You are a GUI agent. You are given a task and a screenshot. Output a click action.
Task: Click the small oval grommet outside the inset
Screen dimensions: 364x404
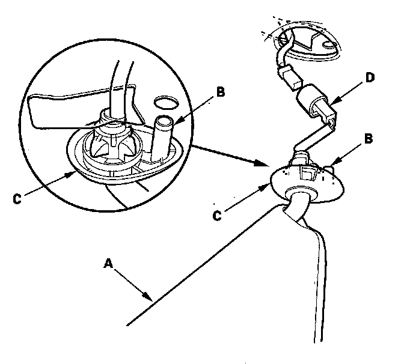(x=307, y=180)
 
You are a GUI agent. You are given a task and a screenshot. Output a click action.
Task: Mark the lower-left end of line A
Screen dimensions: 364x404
(x=128, y=325)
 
